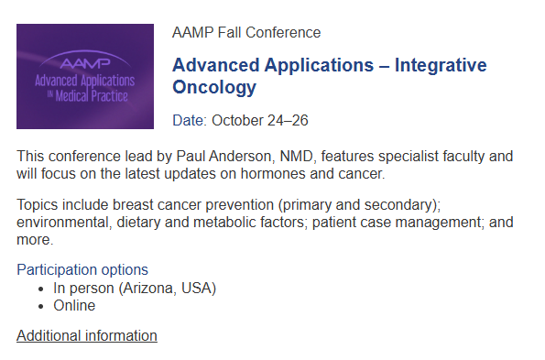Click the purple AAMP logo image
pyautogui.click(x=84, y=76)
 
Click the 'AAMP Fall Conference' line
pyautogui.click(x=246, y=33)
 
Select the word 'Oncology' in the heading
pyautogui.click(x=214, y=88)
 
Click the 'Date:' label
pyautogui.click(x=190, y=120)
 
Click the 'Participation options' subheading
pyautogui.click(x=82, y=269)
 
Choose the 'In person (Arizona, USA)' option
pyautogui.click(x=134, y=288)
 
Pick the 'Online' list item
pyautogui.click(x=74, y=305)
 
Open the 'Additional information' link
pyautogui.click(x=87, y=335)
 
